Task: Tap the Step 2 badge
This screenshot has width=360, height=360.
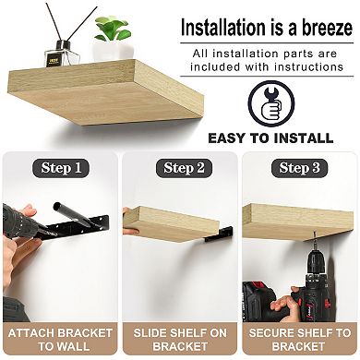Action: pyautogui.click(x=179, y=167)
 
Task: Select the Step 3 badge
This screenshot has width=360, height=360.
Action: pyautogui.click(x=299, y=167)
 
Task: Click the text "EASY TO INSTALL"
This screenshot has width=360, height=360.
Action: pyautogui.click(x=270, y=138)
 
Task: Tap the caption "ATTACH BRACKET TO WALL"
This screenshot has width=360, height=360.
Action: pyautogui.click(x=59, y=339)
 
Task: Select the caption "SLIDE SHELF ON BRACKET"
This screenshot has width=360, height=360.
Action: pyautogui.click(x=180, y=339)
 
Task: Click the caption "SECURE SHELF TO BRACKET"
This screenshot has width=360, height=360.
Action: pyautogui.click(x=300, y=339)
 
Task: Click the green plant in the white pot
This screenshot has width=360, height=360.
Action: pyautogui.click(x=113, y=30)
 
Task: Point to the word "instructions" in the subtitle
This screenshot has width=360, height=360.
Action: pyautogui.click(x=308, y=68)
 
